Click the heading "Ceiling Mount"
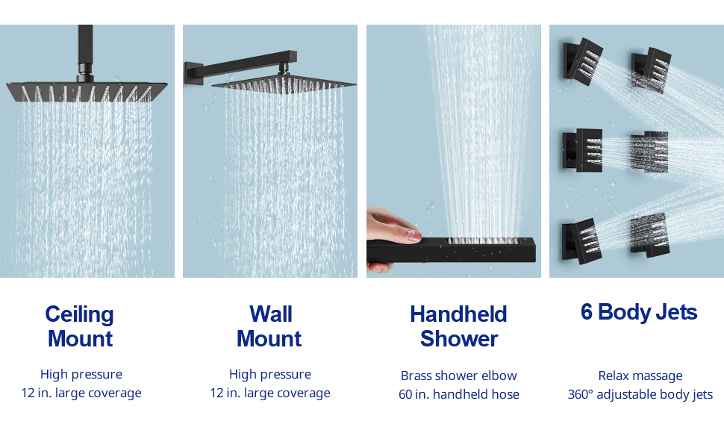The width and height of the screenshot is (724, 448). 79,326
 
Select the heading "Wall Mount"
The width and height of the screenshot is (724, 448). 269,326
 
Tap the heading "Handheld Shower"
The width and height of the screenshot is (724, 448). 458,326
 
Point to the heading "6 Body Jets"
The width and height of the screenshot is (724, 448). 639,312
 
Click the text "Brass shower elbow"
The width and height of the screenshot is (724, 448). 458,376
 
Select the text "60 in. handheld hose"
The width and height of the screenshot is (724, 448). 458,394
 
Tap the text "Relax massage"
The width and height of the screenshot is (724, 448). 640,376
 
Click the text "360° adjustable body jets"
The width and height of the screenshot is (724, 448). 640,394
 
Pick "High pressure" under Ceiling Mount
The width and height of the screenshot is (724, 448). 81,374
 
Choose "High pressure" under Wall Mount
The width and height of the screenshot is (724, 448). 270,374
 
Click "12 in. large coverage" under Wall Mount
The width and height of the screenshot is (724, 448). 270,393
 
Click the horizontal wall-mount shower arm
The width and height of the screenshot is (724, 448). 240,65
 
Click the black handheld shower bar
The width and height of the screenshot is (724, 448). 452,250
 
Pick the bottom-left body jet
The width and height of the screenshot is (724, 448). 581,240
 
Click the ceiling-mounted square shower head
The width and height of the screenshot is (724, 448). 87,91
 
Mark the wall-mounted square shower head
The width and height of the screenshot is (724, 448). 284,84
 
